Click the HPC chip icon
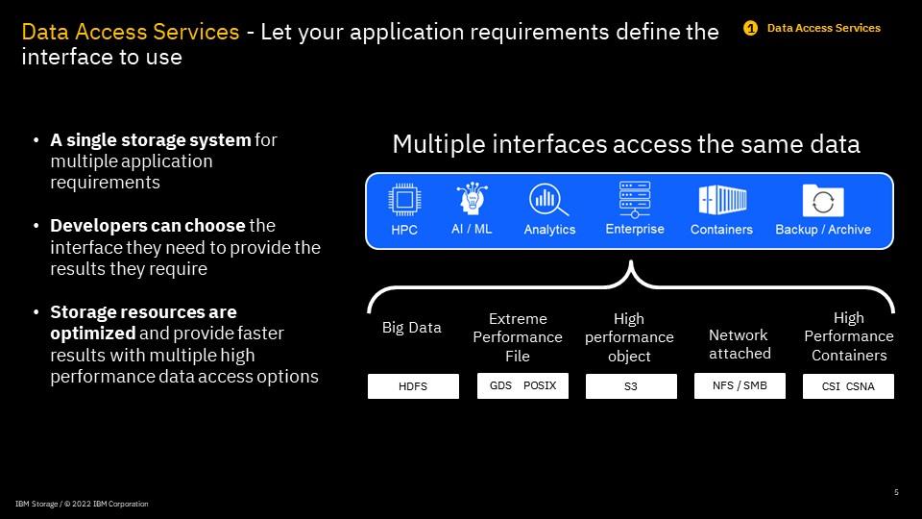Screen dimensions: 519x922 click(x=404, y=200)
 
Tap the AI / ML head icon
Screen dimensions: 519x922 click(x=471, y=200)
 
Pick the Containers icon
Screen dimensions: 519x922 click(x=721, y=201)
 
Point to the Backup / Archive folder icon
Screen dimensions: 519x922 click(x=823, y=201)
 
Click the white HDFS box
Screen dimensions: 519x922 click(x=413, y=386)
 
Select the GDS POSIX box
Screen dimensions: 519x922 click(x=522, y=386)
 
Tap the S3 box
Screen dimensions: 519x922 click(x=630, y=386)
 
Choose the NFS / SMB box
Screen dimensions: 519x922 click(x=740, y=385)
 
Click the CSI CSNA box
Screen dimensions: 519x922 click(x=848, y=386)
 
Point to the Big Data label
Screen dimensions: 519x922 click(x=412, y=328)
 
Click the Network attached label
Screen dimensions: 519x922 click(x=740, y=344)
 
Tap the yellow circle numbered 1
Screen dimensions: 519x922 click(x=751, y=28)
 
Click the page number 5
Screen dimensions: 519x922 click(x=896, y=492)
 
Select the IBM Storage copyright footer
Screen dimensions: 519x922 click(x=82, y=504)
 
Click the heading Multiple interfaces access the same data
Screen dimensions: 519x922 click(x=625, y=145)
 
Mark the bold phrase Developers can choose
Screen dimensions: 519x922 click(x=148, y=226)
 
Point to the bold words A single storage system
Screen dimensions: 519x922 click(x=151, y=140)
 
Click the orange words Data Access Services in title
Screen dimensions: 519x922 click(x=131, y=32)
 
